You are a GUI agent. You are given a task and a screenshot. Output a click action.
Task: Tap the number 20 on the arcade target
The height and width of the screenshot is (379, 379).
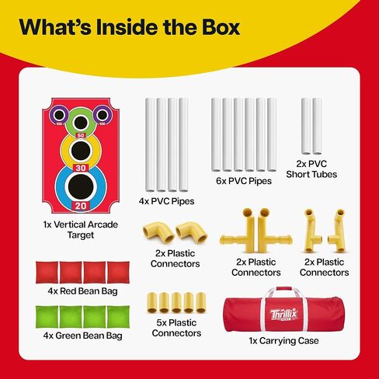81,206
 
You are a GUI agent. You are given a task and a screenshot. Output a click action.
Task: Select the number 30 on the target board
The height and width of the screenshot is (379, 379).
81,168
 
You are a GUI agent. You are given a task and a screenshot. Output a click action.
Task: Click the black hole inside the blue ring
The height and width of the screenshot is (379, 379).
81,186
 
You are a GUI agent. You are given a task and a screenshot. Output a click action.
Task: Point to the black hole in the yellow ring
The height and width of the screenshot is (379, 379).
81,151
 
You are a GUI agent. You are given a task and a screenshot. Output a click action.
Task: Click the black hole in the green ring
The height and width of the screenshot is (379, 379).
81,123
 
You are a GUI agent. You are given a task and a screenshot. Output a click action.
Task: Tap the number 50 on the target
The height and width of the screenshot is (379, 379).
81,135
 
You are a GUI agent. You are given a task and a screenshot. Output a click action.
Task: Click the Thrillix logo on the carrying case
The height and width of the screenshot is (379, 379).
284,315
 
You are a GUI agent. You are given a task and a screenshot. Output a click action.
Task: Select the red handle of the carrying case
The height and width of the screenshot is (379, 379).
284,289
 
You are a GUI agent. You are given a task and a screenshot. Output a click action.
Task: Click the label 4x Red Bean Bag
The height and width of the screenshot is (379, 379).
82,291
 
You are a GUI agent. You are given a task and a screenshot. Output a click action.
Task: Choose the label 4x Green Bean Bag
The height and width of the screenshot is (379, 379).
82,336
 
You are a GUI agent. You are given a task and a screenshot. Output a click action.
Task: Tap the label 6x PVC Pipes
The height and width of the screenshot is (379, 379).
244,181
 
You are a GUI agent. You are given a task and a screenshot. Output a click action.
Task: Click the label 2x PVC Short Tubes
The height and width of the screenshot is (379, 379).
311,169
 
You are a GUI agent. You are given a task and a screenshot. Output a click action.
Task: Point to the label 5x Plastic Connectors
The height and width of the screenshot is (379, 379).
176,328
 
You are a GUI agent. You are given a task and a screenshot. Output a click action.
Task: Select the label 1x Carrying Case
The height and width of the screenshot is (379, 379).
283,341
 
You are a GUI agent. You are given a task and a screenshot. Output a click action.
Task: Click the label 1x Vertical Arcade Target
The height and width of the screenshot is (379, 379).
81,230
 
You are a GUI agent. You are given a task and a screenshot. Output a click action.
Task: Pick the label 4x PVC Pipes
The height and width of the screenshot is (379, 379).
166,201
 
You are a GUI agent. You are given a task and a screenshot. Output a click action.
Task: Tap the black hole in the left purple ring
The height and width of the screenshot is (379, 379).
59,115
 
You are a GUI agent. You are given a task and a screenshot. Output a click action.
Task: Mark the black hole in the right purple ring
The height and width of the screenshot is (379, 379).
103,115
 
